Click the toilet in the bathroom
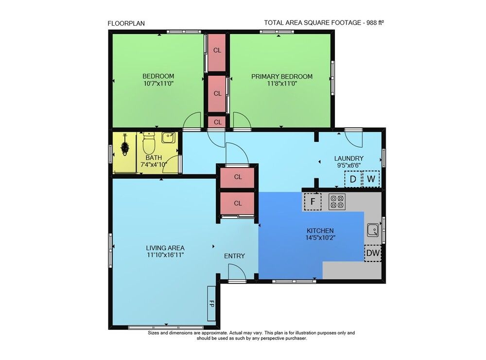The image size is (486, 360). point(149,143)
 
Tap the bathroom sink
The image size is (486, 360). point(168,137)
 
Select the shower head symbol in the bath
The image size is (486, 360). point(124,145)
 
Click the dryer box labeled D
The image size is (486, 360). point(353,179)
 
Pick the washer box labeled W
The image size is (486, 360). point(371,179)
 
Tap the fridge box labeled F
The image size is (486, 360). point(312,202)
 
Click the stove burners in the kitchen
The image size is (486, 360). point(337,202)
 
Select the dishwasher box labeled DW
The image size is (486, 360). point(373,253)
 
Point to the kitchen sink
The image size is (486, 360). point(373,230)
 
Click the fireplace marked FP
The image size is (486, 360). point(211,304)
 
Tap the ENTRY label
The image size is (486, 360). point(234,256)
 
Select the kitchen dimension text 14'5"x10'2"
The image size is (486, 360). point(320,238)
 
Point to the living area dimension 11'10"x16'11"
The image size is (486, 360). point(166,255)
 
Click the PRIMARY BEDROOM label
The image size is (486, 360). point(282,77)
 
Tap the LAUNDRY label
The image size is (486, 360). point(348,158)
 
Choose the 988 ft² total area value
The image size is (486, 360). point(375,23)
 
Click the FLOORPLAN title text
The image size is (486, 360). point(126,23)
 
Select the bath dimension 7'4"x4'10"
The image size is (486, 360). point(154,165)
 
